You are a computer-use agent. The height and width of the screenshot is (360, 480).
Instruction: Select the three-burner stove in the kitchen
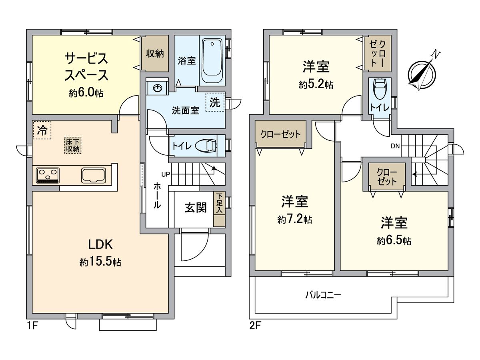pyautogui.click(x=48, y=175)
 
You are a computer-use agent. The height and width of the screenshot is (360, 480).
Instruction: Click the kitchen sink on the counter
pyautogui.click(x=95, y=175)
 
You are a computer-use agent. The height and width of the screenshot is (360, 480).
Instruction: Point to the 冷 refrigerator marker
pyautogui.click(x=42, y=130)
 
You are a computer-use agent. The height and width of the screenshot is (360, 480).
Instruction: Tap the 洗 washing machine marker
pyautogui.click(x=215, y=102)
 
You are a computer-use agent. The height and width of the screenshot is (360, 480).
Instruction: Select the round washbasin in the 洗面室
pyautogui.click(x=156, y=88)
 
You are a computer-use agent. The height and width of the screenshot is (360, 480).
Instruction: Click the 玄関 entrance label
pyautogui.click(x=196, y=208)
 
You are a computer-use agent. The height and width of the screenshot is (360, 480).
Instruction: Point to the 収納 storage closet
pyautogui.click(x=154, y=54)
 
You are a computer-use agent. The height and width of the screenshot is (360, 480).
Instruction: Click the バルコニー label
pyautogui.click(x=323, y=296)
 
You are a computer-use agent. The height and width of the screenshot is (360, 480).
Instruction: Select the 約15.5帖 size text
pyautogui.click(x=100, y=262)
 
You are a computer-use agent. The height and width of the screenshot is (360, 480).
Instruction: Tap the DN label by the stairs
pyautogui.click(x=396, y=146)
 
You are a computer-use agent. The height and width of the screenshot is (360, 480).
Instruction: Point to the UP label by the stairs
pyautogui.click(x=165, y=174)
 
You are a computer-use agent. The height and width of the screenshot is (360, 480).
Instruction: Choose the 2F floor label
pyautogui.click(x=255, y=326)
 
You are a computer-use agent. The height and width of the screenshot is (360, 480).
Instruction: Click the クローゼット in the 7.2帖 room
pyautogui.click(x=280, y=134)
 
